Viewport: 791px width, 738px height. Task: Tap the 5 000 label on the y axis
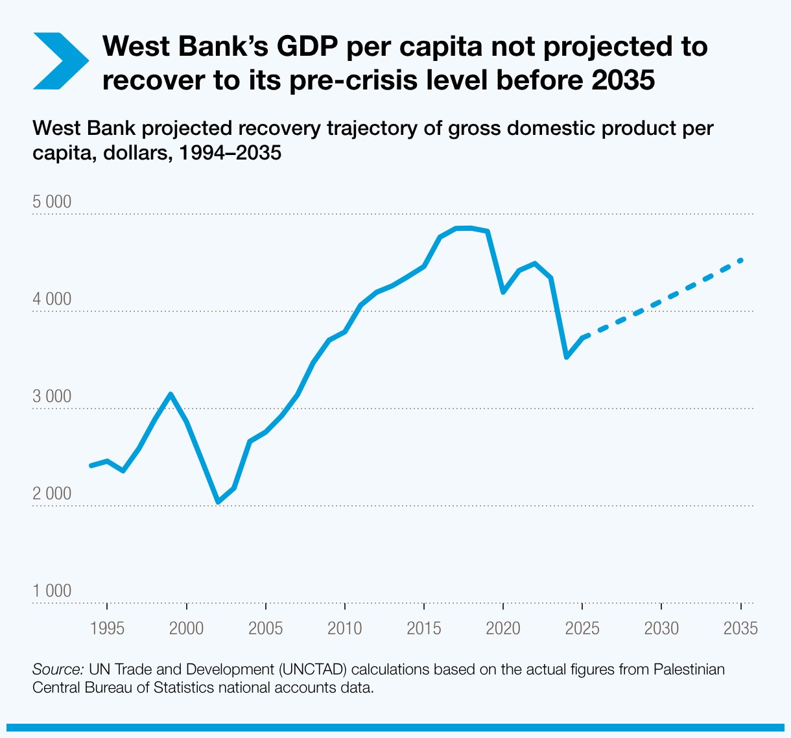click(x=52, y=202)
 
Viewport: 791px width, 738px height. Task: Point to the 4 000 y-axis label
click(x=52, y=299)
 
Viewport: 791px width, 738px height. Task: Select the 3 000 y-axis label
click(x=52, y=396)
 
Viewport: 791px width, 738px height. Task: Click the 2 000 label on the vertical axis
click(x=52, y=494)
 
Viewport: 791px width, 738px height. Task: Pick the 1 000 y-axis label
click(x=52, y=591)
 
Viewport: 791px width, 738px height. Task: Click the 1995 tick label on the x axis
click(x=108, y=628)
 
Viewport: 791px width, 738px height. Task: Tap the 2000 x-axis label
click(x=187, y=628)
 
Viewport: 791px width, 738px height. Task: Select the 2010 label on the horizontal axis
click(x=344, y=628)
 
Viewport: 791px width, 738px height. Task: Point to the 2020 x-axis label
click(x=503, y=628)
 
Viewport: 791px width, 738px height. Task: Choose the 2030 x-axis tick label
click(x=661, y=628)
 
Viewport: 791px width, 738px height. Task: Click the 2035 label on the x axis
click(x=740, y=628)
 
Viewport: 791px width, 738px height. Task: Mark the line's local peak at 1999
click(x=171, y=394)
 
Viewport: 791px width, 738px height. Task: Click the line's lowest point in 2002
click(x=218, y=502)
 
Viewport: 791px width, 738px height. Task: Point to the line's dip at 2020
click(x=503, y=292)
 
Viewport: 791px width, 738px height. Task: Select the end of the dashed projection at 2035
click(x=740, y=260)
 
